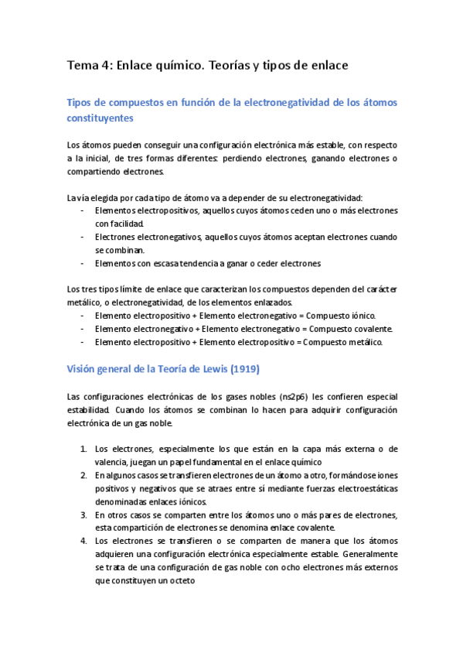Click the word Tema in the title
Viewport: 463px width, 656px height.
pyautogui.click(x=83, y=66)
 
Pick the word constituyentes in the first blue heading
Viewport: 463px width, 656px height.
pyautogui.click(x=100, y=118)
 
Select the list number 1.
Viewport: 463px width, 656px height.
pyautogui.click(x=83, y=449)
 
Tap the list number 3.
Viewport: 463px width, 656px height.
pyautogui.click(x=83, y=514)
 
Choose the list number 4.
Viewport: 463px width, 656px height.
pyautogui.click(x=83, y=541)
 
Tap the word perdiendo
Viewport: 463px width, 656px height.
pyautogui.click(x=234, y=159)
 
